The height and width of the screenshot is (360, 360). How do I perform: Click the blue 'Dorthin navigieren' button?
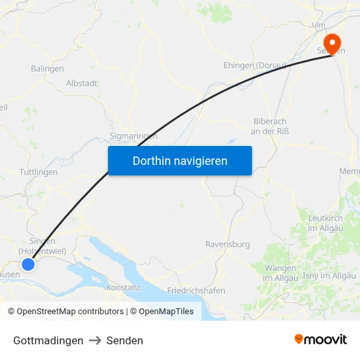tap(180, 160)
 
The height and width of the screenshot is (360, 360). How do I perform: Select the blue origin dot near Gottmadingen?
tap(27, 264)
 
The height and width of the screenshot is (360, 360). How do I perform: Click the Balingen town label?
tap(47, 68)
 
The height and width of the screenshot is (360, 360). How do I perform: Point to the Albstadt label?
tap(82, 83)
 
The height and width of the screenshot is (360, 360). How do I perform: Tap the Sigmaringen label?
tap(134, 136)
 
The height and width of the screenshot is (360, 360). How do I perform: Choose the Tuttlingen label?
tap(39, 172)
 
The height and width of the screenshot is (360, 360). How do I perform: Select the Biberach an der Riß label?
tap(270, 126)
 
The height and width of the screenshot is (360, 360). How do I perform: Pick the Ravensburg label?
tap(228, 244)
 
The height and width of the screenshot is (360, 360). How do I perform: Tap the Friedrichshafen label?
tap(196, 290)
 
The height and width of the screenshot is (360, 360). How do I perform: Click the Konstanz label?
tap(123, 287)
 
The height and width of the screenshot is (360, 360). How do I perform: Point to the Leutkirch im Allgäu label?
tap(326, 223)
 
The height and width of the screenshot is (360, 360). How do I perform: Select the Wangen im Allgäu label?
tap(281, 273)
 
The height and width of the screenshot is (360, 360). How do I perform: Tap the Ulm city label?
tap(319, 25)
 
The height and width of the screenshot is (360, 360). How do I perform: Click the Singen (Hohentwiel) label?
tap(43, 245)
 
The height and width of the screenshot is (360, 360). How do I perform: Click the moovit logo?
tap(321, 340)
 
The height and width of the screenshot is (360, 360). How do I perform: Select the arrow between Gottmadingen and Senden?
tap(95, 340)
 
